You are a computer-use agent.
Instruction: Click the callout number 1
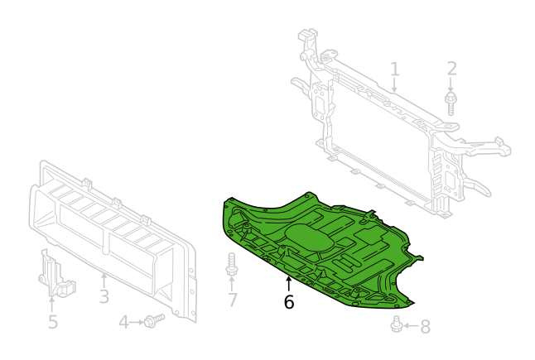(395, 70)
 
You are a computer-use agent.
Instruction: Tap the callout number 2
(451, 70)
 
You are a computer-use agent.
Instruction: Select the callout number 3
(104, 296)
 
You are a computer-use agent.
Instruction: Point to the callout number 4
(124, 323)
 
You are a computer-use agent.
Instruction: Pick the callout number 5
(52, 321)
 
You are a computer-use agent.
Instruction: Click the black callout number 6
(289, 302)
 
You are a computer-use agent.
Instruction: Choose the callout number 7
(232, 300)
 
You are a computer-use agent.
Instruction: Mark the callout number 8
(425, 326)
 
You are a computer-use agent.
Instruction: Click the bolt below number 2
(451, 102)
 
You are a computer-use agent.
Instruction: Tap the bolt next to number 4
(154, 320)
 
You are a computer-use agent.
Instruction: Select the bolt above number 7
(232, 264)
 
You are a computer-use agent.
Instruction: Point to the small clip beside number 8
(396, 324)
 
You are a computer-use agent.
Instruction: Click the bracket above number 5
(55, 274)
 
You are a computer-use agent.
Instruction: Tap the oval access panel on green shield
(310, 238)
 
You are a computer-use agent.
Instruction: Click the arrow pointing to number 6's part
(289, 285)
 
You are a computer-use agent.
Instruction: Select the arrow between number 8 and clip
(410, 326)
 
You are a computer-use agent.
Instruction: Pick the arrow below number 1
(395, 84)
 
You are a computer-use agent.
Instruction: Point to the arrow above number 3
(104, 281)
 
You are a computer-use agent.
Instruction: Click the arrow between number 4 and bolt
(137, 322)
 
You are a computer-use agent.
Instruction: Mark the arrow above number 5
(52, 305)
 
